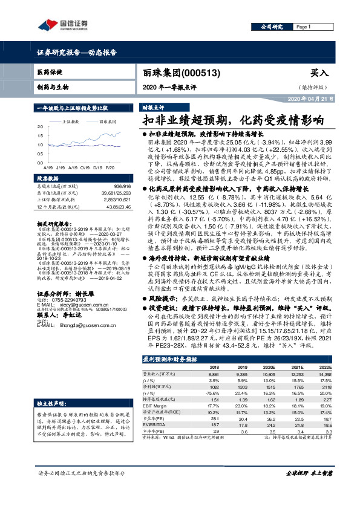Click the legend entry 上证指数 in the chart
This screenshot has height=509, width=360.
tap(72, 122)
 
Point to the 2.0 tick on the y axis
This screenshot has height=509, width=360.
tap(40, 126)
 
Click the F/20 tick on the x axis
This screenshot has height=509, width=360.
tap(110, 166)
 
